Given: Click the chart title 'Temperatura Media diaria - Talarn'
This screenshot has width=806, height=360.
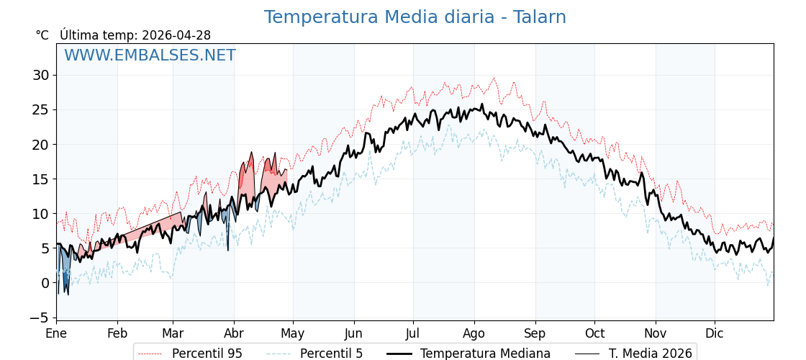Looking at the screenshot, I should click(x=415, y=17).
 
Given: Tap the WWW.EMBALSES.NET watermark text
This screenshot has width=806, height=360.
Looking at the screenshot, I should click(x=150, y=55).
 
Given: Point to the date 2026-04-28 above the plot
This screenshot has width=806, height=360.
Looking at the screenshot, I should click(x=176, y=35).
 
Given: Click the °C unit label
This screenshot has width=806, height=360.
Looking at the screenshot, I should click(x=42, y=35).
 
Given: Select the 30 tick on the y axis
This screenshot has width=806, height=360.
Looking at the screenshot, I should click(x=40, y=75).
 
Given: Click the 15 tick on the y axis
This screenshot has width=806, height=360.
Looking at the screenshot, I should click(x=40, y=179).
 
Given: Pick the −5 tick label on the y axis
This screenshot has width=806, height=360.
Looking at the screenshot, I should click(x=37, y=318).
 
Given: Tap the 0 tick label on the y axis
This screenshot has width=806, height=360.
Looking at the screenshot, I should click(x=45, y=283).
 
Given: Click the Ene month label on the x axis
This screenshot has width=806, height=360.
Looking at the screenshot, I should click(x=56, y=333).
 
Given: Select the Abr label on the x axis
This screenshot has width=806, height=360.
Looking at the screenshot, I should click(x=233, y=333).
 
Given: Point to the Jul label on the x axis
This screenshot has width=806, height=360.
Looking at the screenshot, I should click(x=413, y=333).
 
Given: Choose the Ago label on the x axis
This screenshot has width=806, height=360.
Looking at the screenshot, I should click(x=474, y=333).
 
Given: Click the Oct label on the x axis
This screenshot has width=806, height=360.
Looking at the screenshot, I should click(x=594, y=333).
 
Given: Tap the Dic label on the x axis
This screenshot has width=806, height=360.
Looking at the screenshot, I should click(x=715, y=333).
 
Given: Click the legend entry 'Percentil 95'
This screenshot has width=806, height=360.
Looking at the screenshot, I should click(x=207, y=354).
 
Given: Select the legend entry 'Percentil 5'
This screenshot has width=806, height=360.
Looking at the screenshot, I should click(x=331, y=354).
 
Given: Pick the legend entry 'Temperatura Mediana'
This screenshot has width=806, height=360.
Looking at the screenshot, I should click(x=485, y=354).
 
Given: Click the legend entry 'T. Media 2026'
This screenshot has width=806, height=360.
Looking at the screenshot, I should click(x=650, y=354).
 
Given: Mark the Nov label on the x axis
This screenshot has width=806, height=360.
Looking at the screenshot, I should click(x=656, y=333).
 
